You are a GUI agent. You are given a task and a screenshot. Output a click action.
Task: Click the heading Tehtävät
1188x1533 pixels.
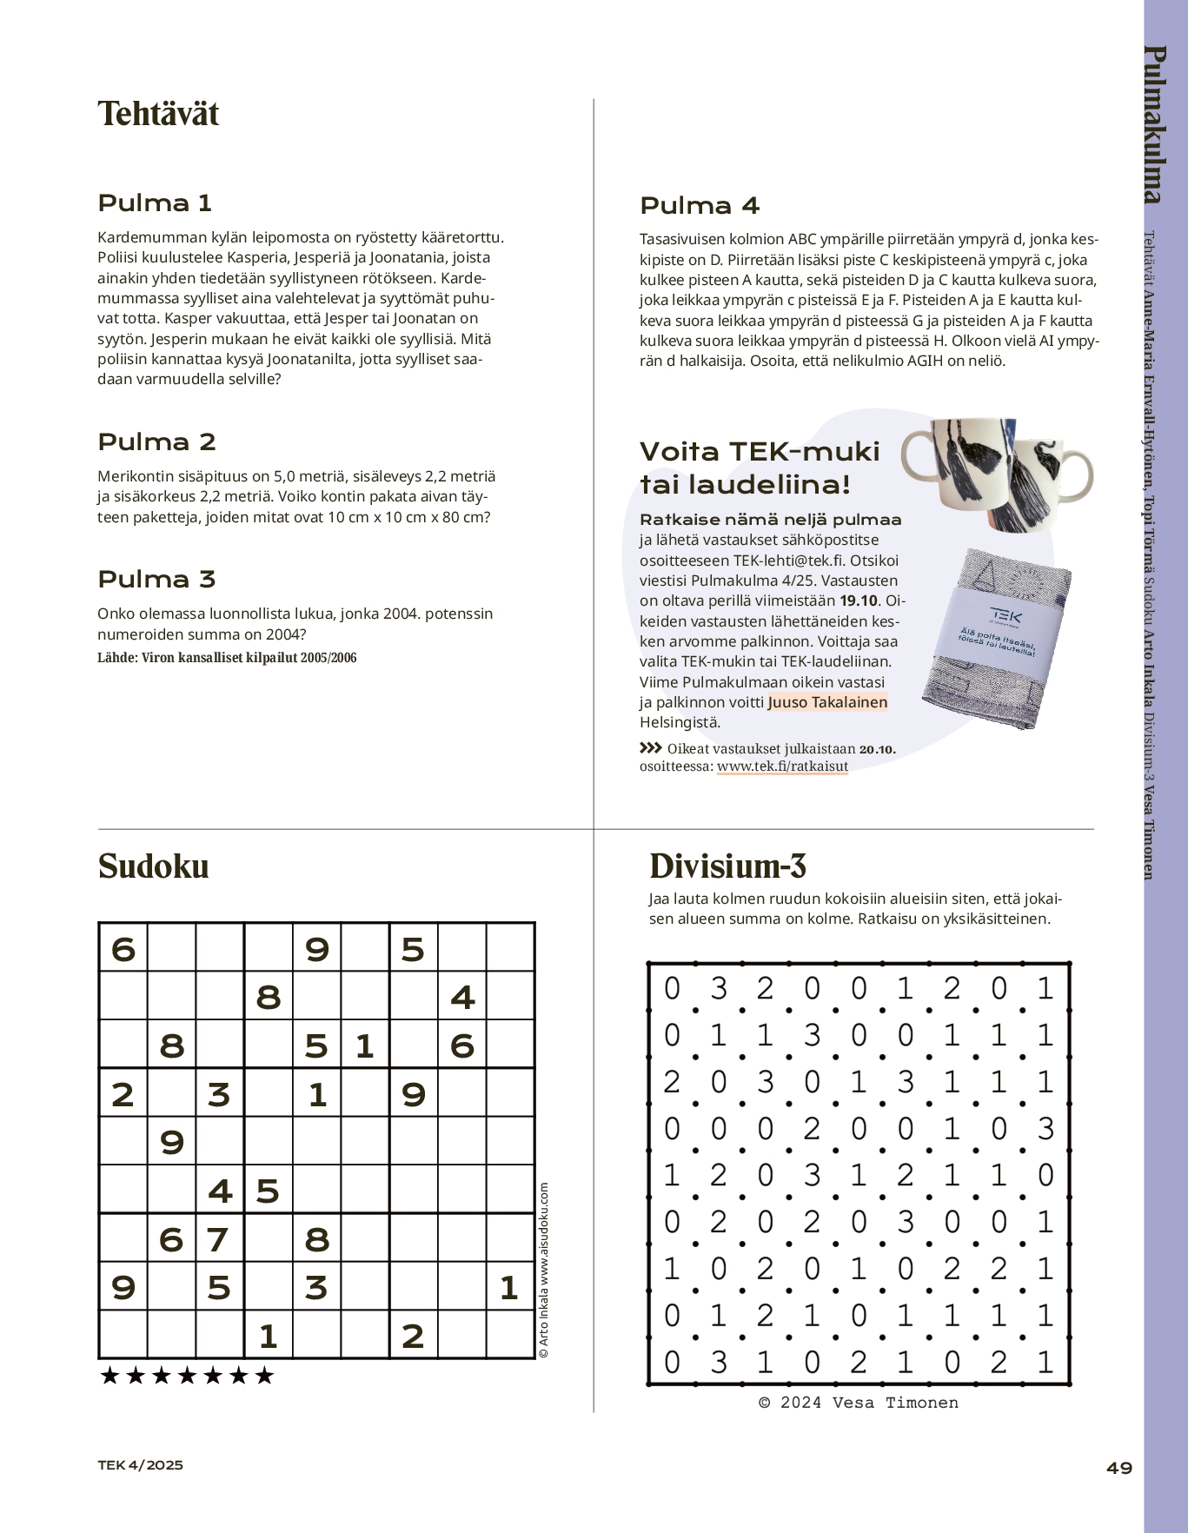click(x=158, y=114)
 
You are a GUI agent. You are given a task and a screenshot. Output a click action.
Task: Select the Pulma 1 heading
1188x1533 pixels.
click(x=155, y=203)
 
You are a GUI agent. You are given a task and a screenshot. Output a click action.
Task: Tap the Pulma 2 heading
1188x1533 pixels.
click(x=156, y=441)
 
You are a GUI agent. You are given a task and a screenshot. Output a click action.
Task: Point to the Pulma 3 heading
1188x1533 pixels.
click(x=156, y=579)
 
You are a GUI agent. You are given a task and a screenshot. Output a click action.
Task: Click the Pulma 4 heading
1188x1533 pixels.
click(x=700, y=206)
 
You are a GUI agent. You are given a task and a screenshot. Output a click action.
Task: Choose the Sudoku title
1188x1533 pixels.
click(x=154, y=866)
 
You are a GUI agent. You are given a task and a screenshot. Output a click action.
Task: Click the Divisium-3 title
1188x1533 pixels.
click(x=728, y=866)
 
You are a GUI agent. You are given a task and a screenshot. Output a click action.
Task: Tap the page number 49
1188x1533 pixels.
click(x=1119, y=1468)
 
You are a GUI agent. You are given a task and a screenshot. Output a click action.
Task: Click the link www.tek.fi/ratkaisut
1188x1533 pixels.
click(x=782, y=766)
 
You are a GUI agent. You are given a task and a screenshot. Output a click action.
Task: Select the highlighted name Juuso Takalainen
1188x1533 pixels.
click(x=827, y=702)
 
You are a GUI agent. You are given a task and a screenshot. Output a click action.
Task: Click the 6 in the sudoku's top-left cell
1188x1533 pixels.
click(x=123, y=949)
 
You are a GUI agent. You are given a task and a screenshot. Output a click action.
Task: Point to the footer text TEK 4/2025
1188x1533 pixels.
click(x=140, y=1465)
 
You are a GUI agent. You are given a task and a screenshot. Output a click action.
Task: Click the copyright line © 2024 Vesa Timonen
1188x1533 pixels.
click(x=859, y=1403)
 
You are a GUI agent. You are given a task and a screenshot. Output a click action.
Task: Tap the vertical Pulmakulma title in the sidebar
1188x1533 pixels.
click(x=1154, y=124)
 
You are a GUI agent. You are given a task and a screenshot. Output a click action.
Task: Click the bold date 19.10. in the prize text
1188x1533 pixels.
click(x=859, y=601)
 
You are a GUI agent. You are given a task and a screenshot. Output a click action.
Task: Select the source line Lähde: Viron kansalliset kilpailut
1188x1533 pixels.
click(x=227, y=658)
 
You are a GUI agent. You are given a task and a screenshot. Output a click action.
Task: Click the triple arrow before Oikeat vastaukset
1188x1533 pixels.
click(x=651, y=747)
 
